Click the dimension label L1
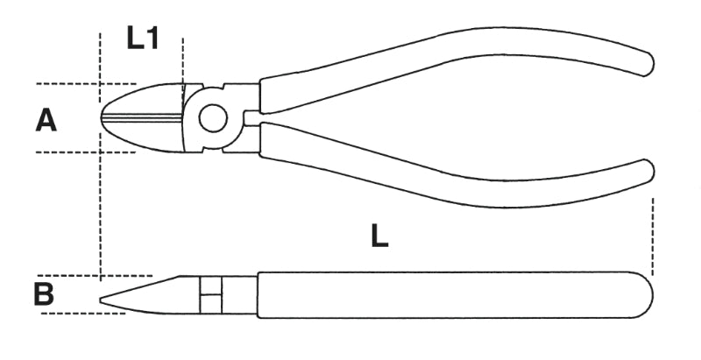(143, 38)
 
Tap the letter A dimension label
(46, 121)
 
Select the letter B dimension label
(44, 294)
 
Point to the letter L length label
(379, 236)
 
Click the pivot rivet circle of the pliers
(213, 118)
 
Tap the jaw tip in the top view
(102, 118)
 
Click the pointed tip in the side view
(101, 300)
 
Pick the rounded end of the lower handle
(648, 171)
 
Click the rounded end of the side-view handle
(644, 295)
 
